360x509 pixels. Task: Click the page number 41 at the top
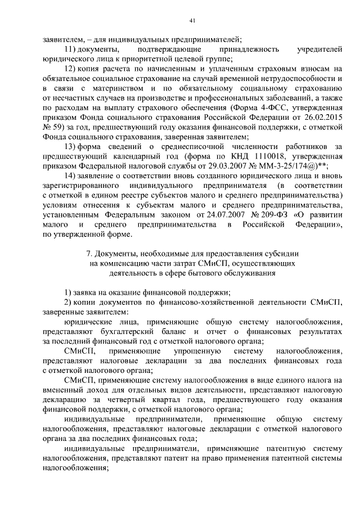point(192,21)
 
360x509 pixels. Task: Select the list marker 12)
point(71,69)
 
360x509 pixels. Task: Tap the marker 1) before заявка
point(67,292)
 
